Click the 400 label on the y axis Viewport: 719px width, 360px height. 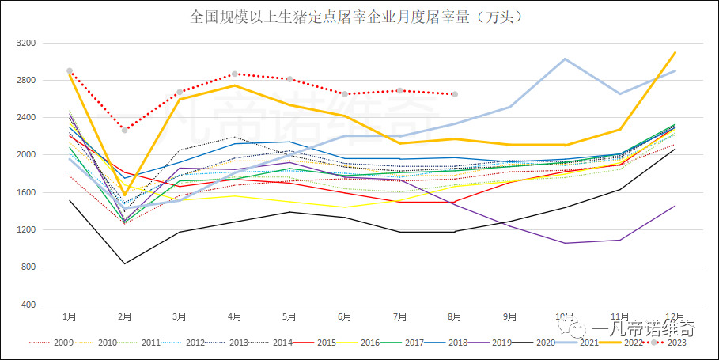(28, 305)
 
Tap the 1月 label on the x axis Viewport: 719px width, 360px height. (70, 316)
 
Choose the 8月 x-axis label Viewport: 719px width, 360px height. (455, 316)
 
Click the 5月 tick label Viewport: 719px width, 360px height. (289, 316)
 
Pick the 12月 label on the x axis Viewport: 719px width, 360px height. (675, 316)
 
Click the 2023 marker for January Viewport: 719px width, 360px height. (70, 71)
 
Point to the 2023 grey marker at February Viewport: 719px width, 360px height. (124, 130)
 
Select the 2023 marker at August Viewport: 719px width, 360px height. (455, 94)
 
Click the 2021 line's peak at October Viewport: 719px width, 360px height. (565, 59)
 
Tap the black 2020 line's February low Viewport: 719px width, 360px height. (124, 263)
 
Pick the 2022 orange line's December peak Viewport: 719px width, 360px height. (675, 53)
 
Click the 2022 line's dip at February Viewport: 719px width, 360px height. (124, 195)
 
